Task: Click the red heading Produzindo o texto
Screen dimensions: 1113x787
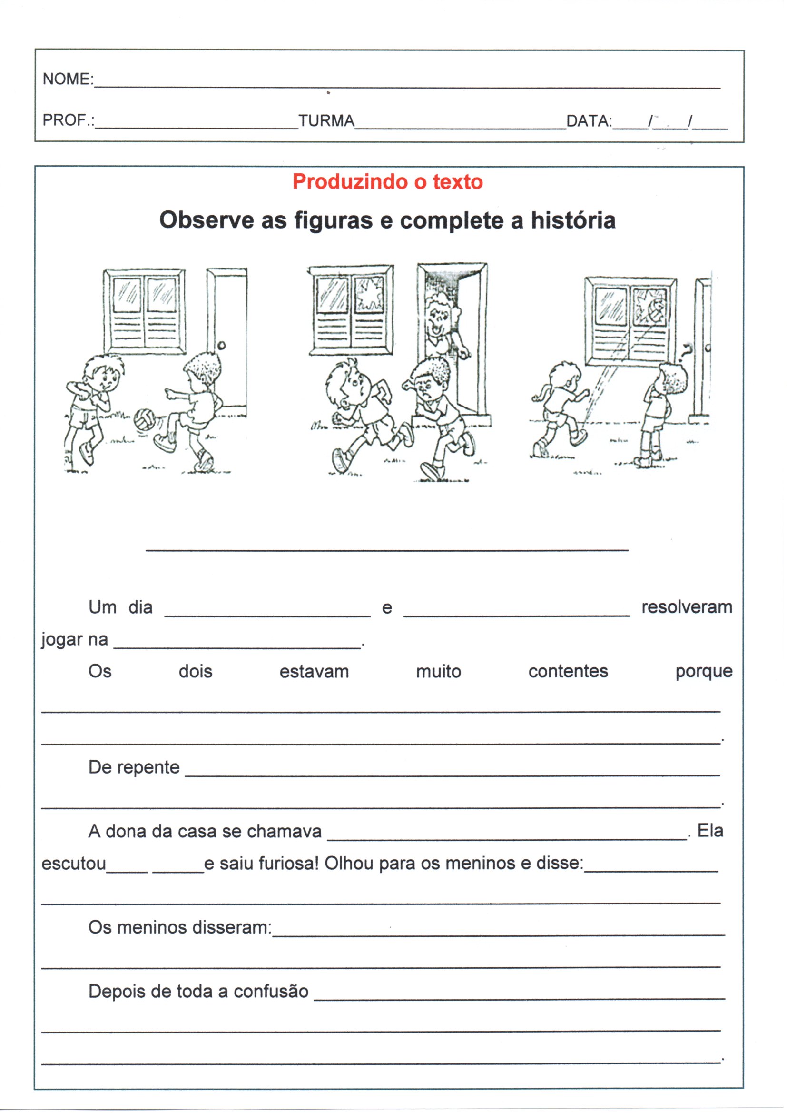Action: [388, 182]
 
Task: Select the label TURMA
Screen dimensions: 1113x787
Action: [326, 120]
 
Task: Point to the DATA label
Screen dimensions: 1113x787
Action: [588, 120]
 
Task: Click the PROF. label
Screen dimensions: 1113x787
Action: [67, 120]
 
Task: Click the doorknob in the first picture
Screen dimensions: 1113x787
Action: [221, 346]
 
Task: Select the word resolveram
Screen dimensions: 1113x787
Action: [686, 607]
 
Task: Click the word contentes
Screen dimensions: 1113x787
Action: [568, 671]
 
